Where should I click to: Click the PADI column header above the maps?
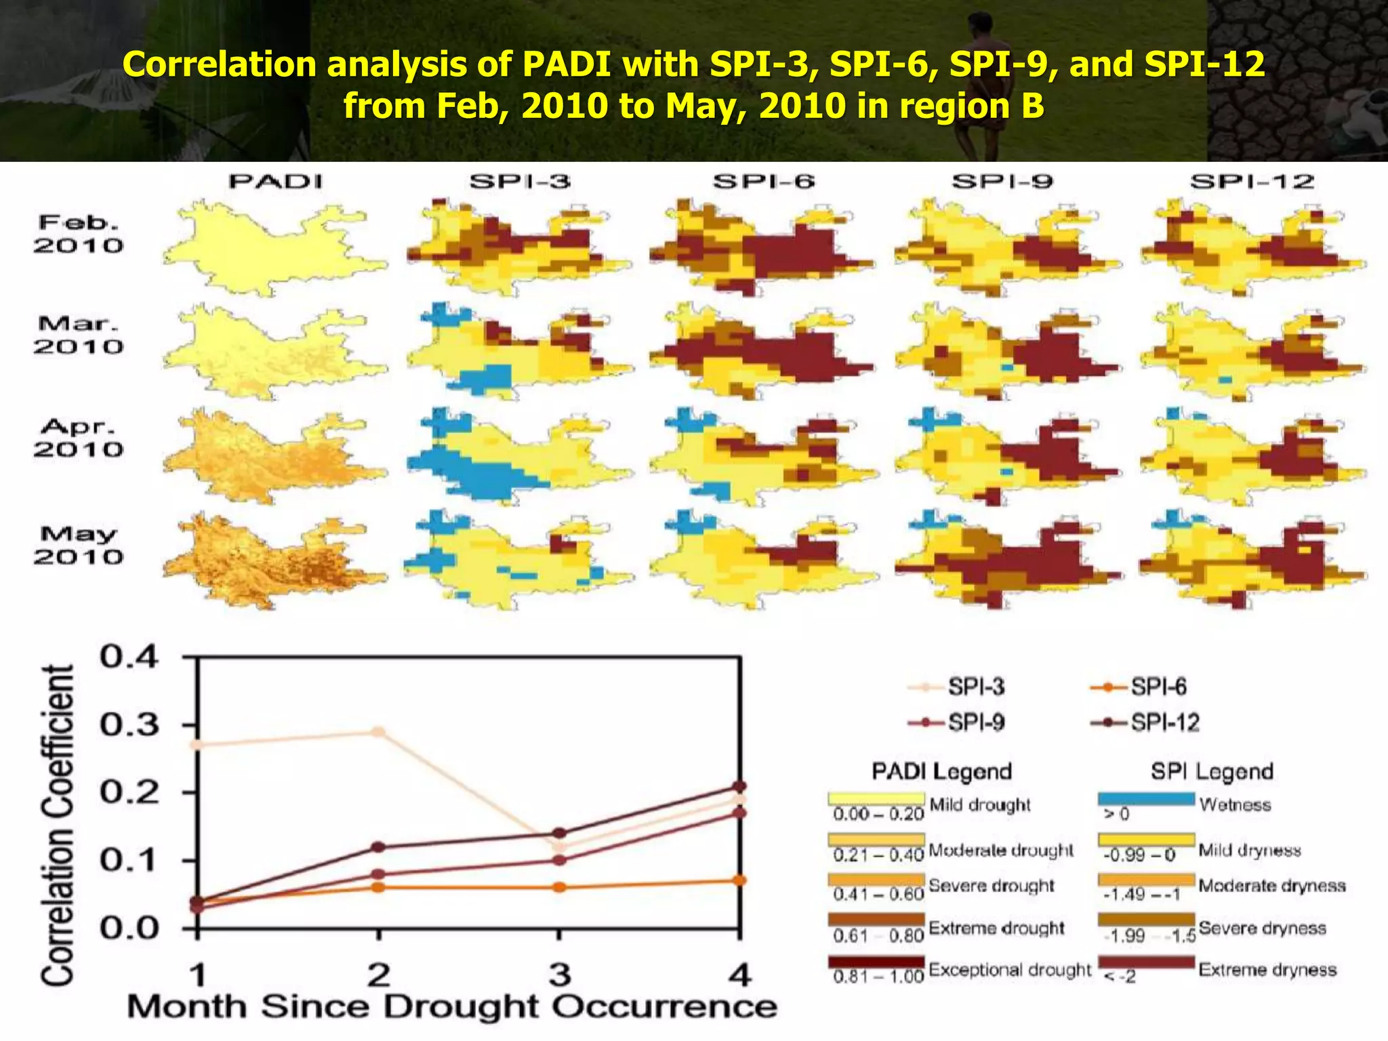click(275, 182)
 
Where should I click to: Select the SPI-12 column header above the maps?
click(1252, 182)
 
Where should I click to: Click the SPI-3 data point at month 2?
click(378, 732)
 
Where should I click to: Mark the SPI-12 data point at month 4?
click(739, 786)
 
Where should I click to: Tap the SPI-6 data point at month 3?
click(559, 887)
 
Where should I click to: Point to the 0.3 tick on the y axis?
click(129, 725)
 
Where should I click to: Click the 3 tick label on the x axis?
click(559, 976)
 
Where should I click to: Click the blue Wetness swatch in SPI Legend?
click(1146, 800)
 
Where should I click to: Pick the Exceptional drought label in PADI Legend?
click(1010, 970)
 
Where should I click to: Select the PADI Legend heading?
click(941, 771)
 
